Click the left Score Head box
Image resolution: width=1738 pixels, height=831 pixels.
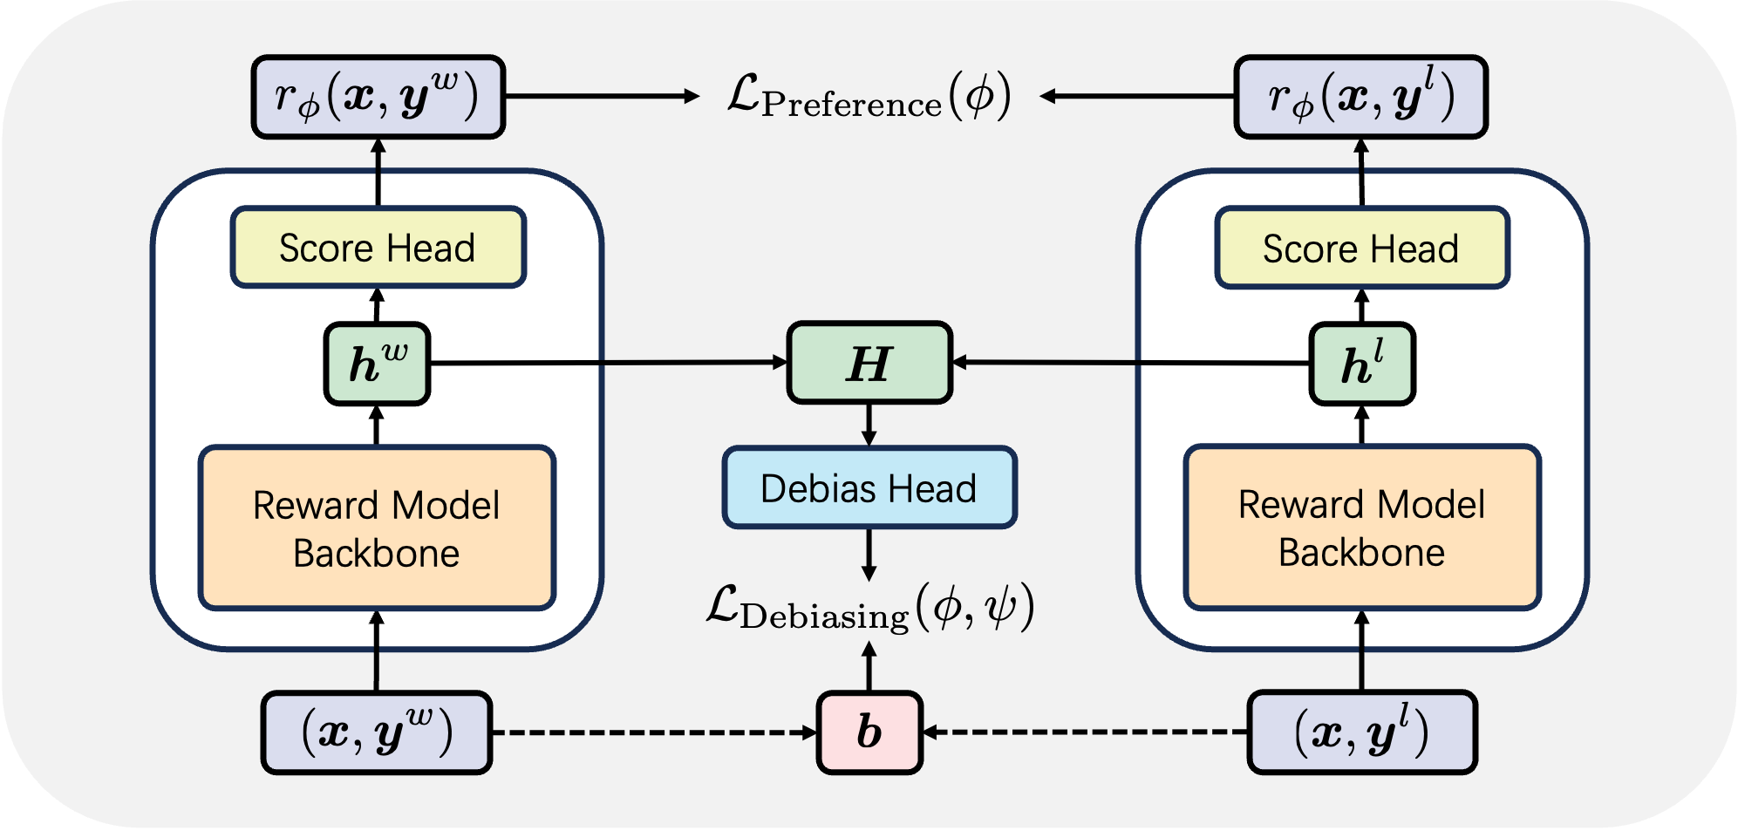(378, 248)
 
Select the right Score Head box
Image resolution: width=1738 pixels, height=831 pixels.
(1361, 249)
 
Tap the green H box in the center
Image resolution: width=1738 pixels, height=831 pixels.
(869, 363)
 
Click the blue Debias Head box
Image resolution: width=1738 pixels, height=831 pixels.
(869, 488)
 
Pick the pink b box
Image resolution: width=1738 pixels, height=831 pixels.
(869, 732)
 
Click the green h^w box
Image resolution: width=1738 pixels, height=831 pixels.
(377, 364)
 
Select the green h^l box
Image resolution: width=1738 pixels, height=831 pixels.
(1361, 364)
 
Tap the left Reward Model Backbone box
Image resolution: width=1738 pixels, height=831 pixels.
(377, 528)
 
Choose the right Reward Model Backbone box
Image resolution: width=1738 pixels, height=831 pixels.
(1361, 528)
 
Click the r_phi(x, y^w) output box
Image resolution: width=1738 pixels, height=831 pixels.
(378, 97)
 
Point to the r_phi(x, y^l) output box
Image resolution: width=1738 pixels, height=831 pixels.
(1360, 97)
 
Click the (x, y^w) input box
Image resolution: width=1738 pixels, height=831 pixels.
(377, 732)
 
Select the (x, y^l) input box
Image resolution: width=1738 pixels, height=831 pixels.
(1361, 732)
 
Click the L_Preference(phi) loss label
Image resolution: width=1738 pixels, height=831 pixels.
(869, 96)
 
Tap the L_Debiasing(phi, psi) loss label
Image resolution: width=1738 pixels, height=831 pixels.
(869, 608)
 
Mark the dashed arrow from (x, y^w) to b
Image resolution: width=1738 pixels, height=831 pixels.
(654, 732)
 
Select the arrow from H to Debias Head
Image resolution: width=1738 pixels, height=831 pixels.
(869, 425)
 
